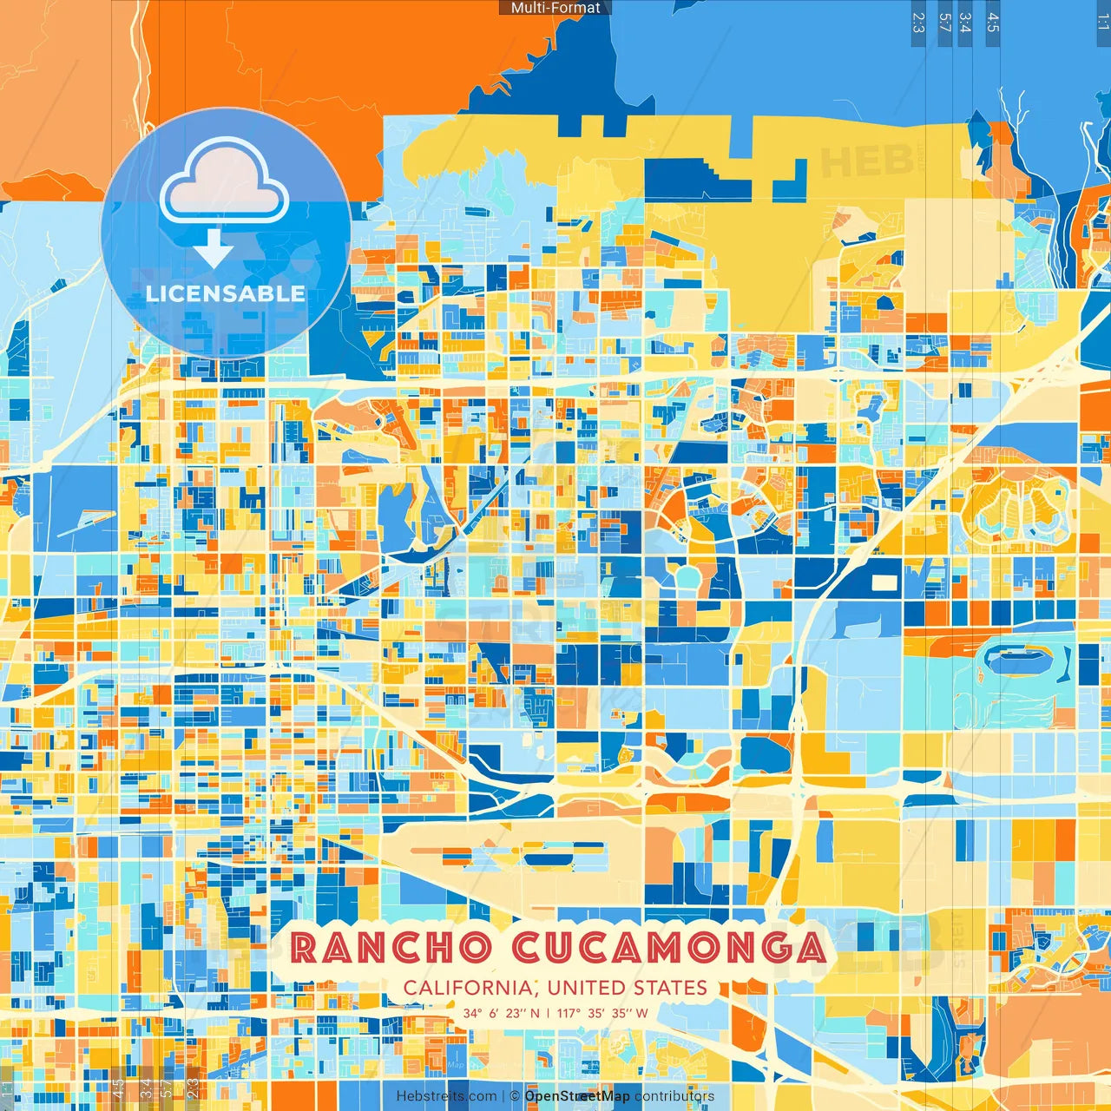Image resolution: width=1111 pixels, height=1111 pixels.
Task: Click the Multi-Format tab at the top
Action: point(555,8)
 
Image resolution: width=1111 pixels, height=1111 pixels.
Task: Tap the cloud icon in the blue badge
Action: point(224,182)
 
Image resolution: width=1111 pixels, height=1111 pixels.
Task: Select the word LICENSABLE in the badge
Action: point(225,293)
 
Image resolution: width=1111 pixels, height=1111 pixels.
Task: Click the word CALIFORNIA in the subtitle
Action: point(469,988)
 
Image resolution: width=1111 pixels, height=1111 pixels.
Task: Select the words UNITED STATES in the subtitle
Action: point(628,988)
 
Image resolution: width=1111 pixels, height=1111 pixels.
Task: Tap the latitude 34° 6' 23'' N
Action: point(501,1013)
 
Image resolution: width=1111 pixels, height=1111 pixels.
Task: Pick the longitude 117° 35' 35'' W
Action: point(602,1013)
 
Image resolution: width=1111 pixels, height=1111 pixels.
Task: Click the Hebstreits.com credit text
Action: point(446,1096)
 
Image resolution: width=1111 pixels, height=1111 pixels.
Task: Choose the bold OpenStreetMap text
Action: point(577,1096)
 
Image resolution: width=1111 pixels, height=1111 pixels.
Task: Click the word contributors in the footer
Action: point(674,1096)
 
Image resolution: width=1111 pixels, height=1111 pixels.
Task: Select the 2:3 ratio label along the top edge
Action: point(918,23)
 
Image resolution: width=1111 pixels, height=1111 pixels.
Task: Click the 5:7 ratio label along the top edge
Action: point(944,23)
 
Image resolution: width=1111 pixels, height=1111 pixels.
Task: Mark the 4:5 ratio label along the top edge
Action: point(993,23)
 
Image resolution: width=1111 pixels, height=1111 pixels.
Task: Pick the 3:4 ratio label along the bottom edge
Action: point(145,1086)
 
